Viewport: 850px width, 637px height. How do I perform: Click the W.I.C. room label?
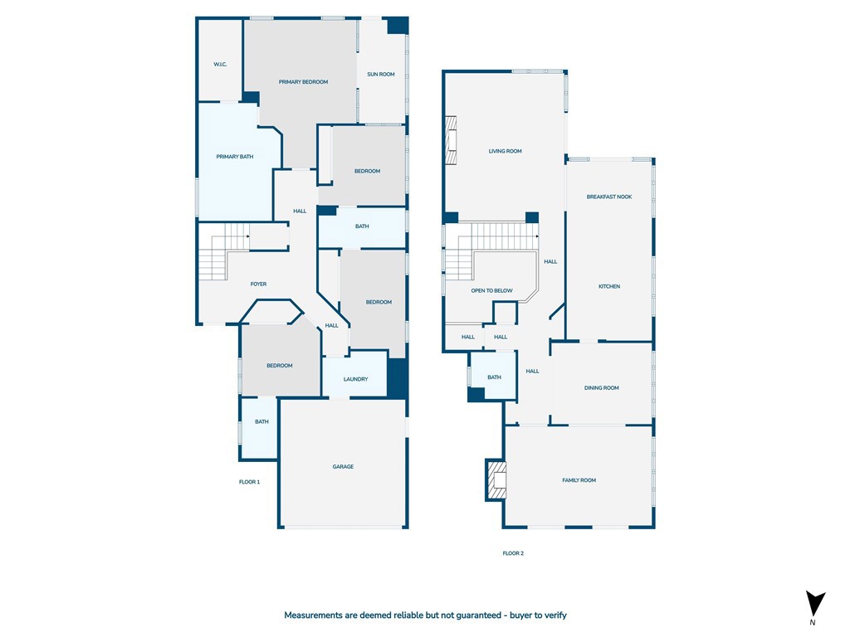pyautogui.click(x=220, y=65)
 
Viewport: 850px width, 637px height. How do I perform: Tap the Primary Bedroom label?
pyautogui.click(x=303, y=82)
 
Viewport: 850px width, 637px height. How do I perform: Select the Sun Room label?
pyautogui.click(x=380, y=74)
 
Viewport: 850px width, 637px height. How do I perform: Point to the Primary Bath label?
pyautogui.click(x=235, y=157)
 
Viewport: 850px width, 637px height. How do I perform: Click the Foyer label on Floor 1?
pyautogui.click(x=259, y=284)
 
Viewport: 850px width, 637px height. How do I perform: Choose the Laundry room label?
pyautogui.click(x=355, y=379)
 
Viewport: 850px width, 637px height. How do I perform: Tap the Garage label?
pyautogui.click(x=343, y=466)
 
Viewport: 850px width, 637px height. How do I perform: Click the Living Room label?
pyautogui.click(x=506, y=151)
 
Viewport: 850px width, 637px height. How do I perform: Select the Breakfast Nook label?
pyautogui.click(x=609, y=197)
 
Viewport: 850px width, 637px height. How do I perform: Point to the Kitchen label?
pyautogui.click(x=609, y=286)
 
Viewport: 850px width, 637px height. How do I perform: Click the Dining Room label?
pyautogui.click(x=602, y=388)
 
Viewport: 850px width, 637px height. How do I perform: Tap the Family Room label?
pyautogui.click(x=579, y=480)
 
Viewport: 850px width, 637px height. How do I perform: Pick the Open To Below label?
pyautogui.click(x=491, y=290)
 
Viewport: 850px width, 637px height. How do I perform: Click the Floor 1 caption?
pyautogui.click(x=249, y=482)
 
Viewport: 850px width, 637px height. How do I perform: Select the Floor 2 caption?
pyautogui.click(x=513, y=553)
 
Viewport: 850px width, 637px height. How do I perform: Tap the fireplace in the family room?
pyautogui.click(x=496, y=480)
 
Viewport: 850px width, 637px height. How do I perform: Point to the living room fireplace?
pyautogui.click(x=451, y=140)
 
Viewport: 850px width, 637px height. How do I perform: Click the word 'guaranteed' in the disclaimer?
pyautogui.click(x=478, y=615)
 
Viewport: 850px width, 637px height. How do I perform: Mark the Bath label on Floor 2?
pyautogui.click(x=494, y=377)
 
